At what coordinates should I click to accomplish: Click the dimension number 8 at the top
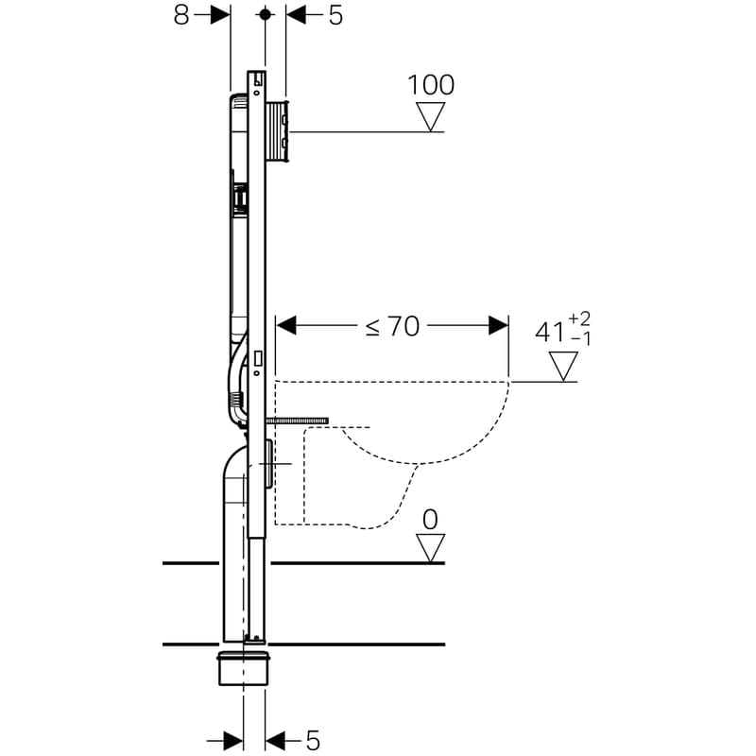click(x=181, y=15)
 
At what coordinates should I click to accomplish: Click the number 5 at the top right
click(x=335, y=15)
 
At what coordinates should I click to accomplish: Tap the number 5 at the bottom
click(x=313, y=739)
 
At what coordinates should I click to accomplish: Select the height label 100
click(x=431, y=85)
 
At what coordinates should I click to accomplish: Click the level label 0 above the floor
click(x=431, y=519)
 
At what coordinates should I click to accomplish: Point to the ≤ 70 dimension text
click(x=393, y=326)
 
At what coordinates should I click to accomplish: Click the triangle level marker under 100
click(x=431, y=117)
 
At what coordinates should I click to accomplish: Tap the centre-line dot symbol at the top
click(x=266, y=15)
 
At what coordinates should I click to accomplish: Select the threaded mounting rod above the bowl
click(x=297, y=420)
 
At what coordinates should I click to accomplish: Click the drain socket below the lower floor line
click(x=244, y=667)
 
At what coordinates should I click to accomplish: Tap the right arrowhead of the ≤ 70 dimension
click(x=499, y=326)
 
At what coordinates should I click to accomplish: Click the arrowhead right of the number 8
click(x=220, y=15)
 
